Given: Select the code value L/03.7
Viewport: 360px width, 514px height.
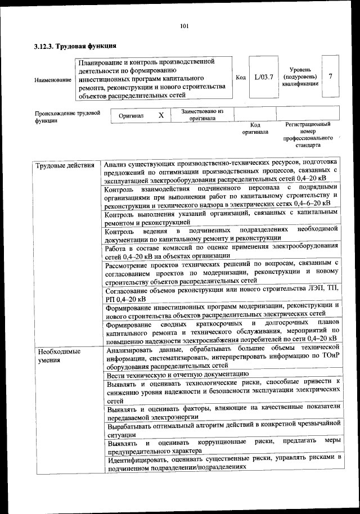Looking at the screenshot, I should click(x=263, y=76).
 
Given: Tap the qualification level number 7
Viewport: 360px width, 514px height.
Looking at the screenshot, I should click(x=330, y=76).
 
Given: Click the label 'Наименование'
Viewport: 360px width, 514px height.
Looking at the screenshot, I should click(x=52, y=80).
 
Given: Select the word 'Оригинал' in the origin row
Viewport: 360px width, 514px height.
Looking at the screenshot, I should click(x=131, y=115).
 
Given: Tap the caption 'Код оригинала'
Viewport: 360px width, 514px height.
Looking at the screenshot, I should click(x=255, y=128).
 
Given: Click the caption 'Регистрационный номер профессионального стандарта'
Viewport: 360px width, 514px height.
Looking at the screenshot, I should click(x=308, y=134).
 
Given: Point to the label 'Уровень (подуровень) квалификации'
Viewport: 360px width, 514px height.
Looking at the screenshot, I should click(x=300, y=76).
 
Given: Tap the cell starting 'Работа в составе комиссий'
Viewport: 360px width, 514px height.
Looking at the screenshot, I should click(x=222, y=250).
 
